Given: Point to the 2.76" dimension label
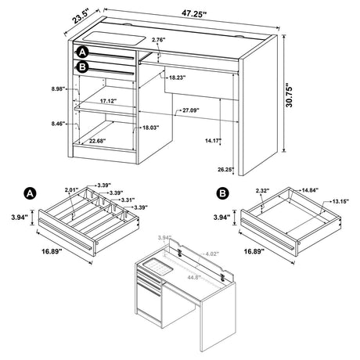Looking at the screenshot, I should click(x=160, y=39).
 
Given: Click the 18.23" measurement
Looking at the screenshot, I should click(x=177, y=77).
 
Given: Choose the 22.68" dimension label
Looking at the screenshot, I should click(x=98, y=142).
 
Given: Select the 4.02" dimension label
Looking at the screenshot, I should click(x=213, y=253).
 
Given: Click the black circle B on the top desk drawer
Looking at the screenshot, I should click(x=84, y=67).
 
